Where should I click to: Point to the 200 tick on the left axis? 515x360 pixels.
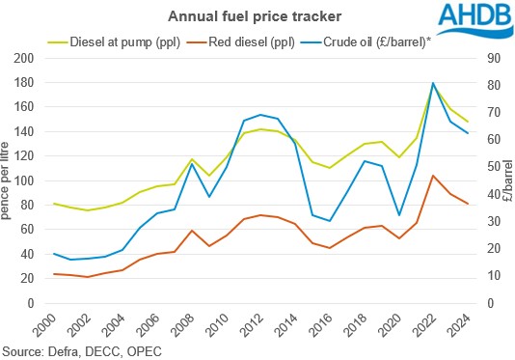point(26,58)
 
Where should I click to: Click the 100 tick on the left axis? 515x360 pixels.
point(26,180)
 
